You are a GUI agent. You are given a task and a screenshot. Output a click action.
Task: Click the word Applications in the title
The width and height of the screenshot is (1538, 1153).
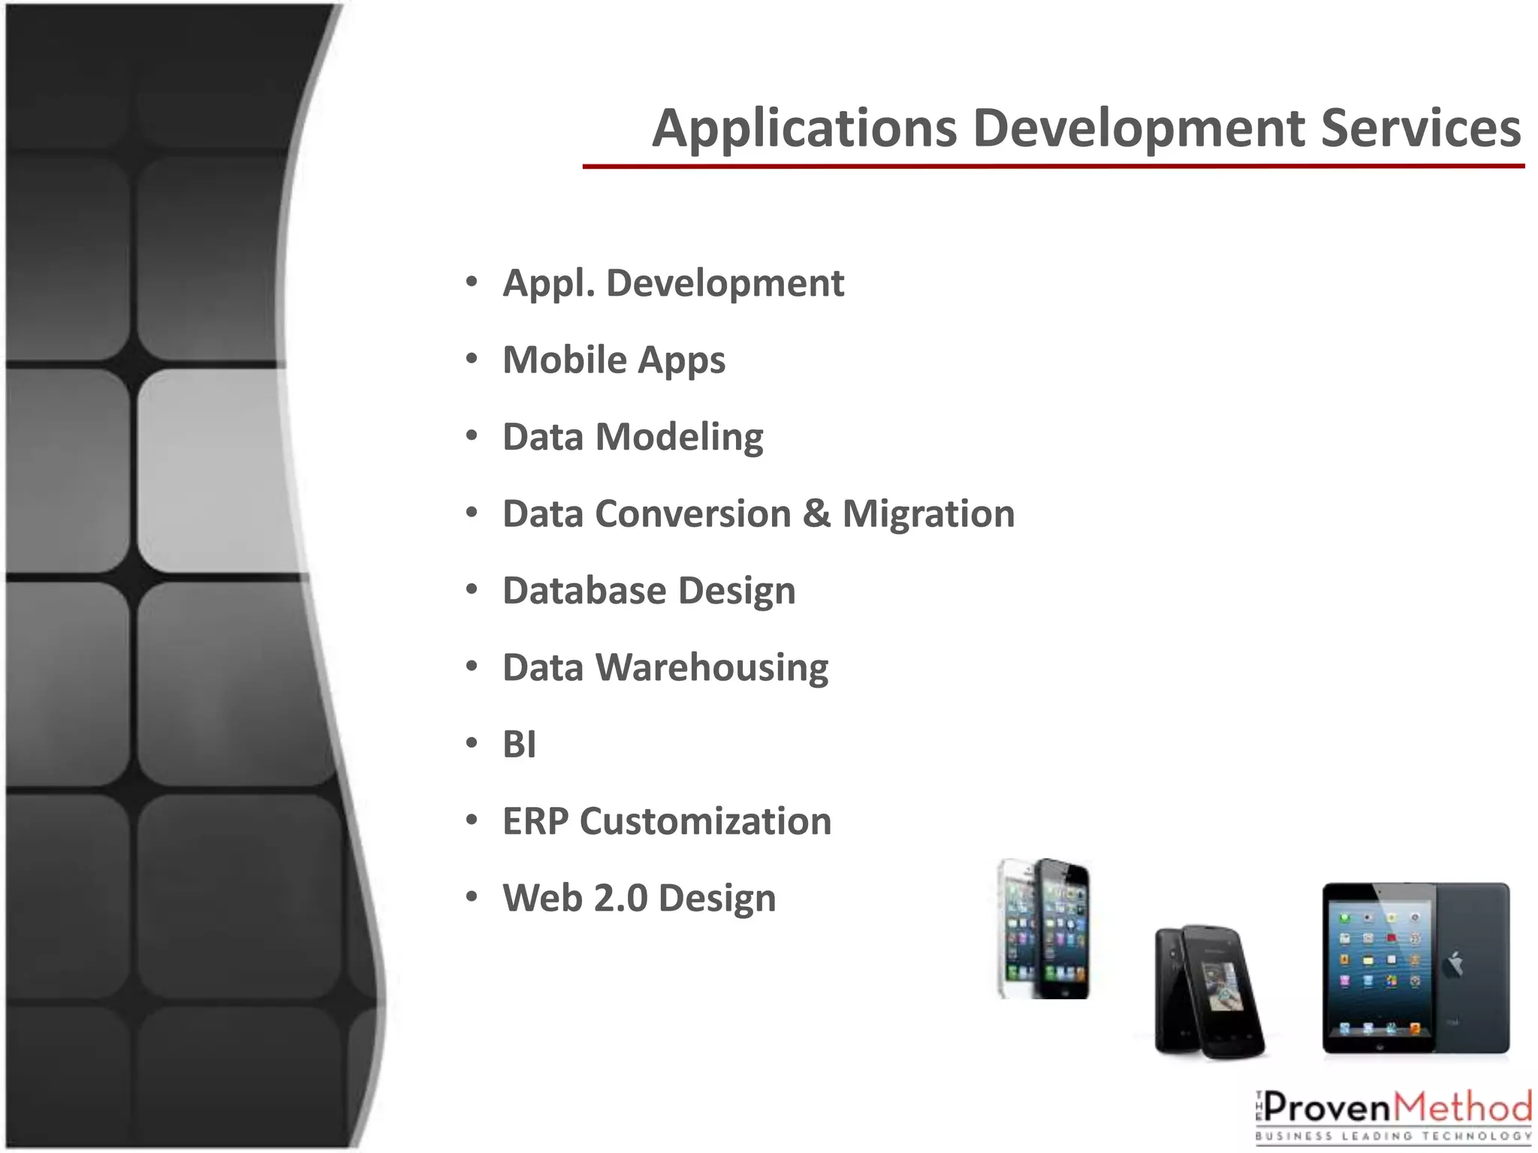[804, 129]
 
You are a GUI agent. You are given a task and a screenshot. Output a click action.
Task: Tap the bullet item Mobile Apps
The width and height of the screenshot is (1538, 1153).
[614, 360]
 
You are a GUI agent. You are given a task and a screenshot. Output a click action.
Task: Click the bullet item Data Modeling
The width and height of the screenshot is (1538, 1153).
[632, 437]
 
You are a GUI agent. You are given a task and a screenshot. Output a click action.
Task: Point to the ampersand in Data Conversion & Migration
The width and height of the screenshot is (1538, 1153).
[816, 514]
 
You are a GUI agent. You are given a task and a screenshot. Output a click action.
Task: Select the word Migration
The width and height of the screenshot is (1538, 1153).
[928, 515]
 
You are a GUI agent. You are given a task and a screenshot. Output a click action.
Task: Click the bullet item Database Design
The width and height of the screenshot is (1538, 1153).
[649, 591]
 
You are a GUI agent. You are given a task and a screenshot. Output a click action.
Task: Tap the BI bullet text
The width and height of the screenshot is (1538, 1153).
[519, 745]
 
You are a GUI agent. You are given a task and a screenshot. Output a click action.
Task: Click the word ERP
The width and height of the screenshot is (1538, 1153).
[535, 821]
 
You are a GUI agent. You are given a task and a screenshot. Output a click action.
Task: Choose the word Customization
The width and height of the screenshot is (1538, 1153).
[705, 821]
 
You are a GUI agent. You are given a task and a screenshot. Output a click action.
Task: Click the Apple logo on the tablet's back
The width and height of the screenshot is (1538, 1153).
[1455, 964]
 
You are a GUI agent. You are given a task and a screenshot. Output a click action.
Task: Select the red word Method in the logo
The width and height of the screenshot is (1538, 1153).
[1463, 1107]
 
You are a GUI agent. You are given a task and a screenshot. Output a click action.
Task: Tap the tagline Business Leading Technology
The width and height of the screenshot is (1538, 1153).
[1393, 1136]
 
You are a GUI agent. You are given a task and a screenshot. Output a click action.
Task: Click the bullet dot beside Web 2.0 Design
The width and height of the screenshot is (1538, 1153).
[472, 897]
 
